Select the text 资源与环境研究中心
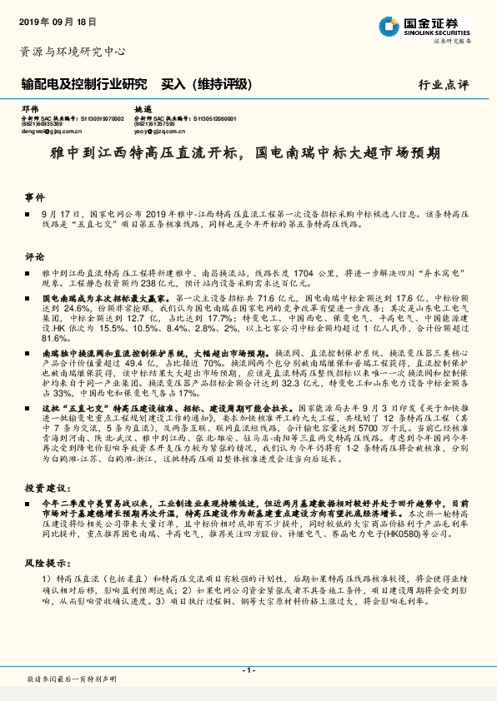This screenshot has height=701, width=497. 73,52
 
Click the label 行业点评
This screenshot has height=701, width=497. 445,85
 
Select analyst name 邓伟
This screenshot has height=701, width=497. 30,110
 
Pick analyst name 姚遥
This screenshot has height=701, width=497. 143,110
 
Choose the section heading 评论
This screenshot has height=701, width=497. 33,256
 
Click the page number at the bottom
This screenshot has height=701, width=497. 248,669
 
